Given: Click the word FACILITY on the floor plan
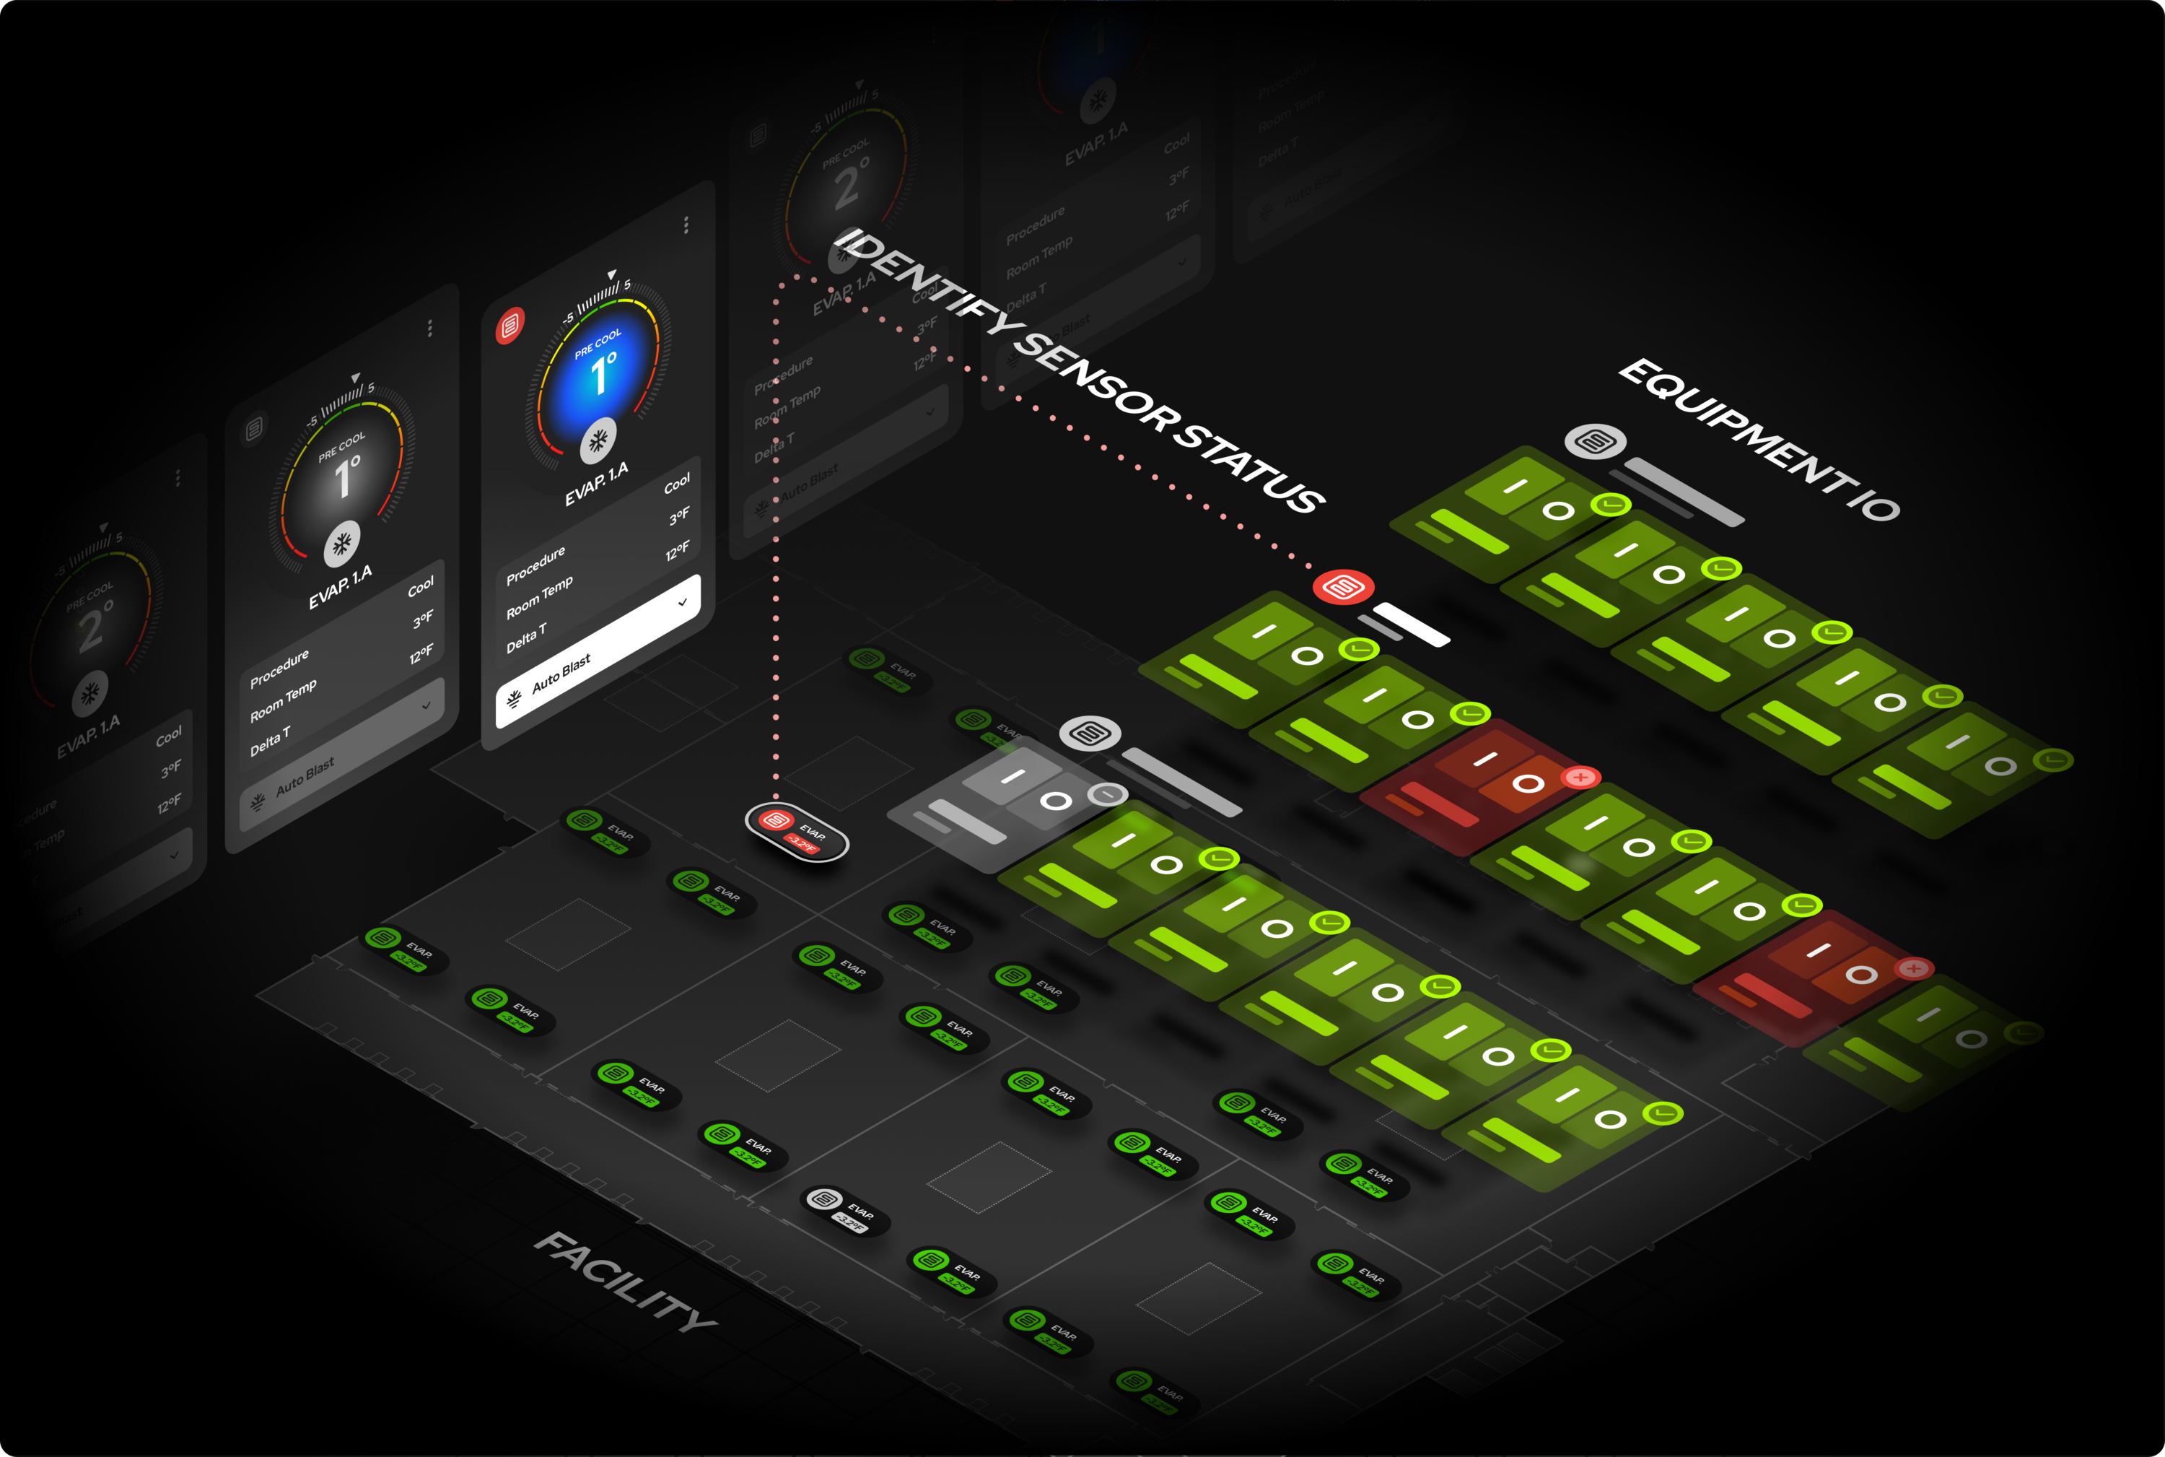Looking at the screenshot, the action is tap(625, 1282).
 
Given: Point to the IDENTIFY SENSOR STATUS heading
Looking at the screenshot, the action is tap(1077, 370).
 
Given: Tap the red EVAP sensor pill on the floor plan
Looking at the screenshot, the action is tap(796, 832).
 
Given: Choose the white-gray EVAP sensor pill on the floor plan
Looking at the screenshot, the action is tap(844, 1210).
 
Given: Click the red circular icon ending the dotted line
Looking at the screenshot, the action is tap(1343, 587).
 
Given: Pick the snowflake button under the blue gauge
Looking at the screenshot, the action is tap(598, 441).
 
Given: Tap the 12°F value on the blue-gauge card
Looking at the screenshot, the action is tap(677, 552).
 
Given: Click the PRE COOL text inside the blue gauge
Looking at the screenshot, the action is tap(598, 344).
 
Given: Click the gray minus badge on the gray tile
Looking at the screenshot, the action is tap(1107, 794).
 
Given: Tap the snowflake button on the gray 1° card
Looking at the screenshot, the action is tap(342, 544).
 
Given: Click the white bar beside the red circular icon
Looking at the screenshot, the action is tap(1411, 625).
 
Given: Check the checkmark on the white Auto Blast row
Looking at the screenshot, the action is tap(683, 602).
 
